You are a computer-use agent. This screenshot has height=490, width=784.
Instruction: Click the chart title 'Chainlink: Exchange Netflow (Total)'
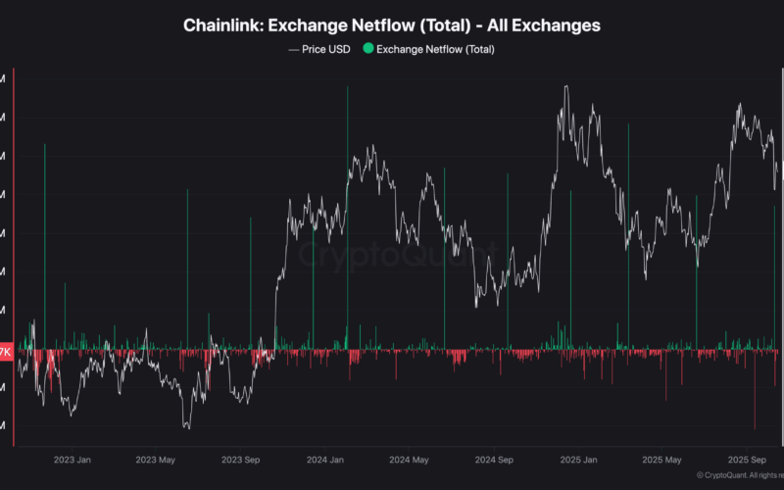(392, 24)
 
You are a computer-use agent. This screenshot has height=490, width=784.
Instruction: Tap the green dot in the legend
(367, 48)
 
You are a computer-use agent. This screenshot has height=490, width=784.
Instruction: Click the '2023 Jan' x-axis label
(73, 459)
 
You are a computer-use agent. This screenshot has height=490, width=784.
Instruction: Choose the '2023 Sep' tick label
(240, 459)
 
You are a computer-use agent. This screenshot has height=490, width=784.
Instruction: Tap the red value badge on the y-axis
(6, 351)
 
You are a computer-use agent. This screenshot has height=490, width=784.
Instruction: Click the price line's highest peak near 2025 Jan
(566, 86)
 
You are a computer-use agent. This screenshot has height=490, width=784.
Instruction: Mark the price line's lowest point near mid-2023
(186, 427)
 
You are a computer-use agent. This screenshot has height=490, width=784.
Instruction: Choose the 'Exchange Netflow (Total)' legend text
(436, 48)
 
